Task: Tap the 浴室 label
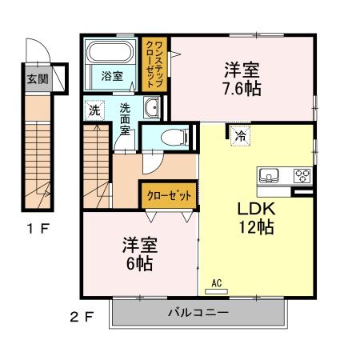(112, 77)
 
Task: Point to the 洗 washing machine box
(94, 110)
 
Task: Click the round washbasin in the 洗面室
(151, 108)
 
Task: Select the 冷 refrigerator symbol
(239, 135)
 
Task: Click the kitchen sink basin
(268, 175)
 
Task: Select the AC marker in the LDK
(216, 282)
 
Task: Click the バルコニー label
(198, 312)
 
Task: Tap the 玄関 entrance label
(37, 78)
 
